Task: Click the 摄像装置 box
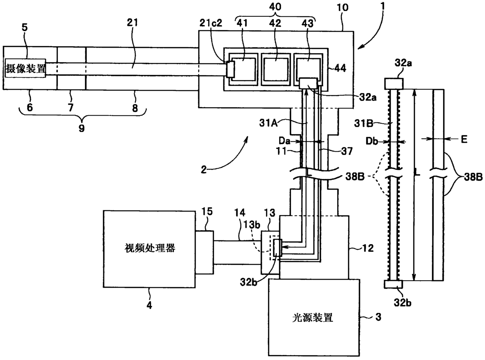[25, 68]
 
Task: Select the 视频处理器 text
[150, 248]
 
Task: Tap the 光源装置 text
[313, 318]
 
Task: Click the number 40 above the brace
[275, 7]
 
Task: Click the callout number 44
[340, 68]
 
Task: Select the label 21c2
[210, 23]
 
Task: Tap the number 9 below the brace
[81, 128]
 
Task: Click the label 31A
[268, 123]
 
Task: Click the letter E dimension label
[464, 139]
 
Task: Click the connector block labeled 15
[204, 253]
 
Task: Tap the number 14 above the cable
[240, 213]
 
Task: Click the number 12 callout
[368, 248]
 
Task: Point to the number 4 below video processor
[149, 305]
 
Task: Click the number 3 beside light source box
[378, 317]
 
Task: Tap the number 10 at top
[342, 8]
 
